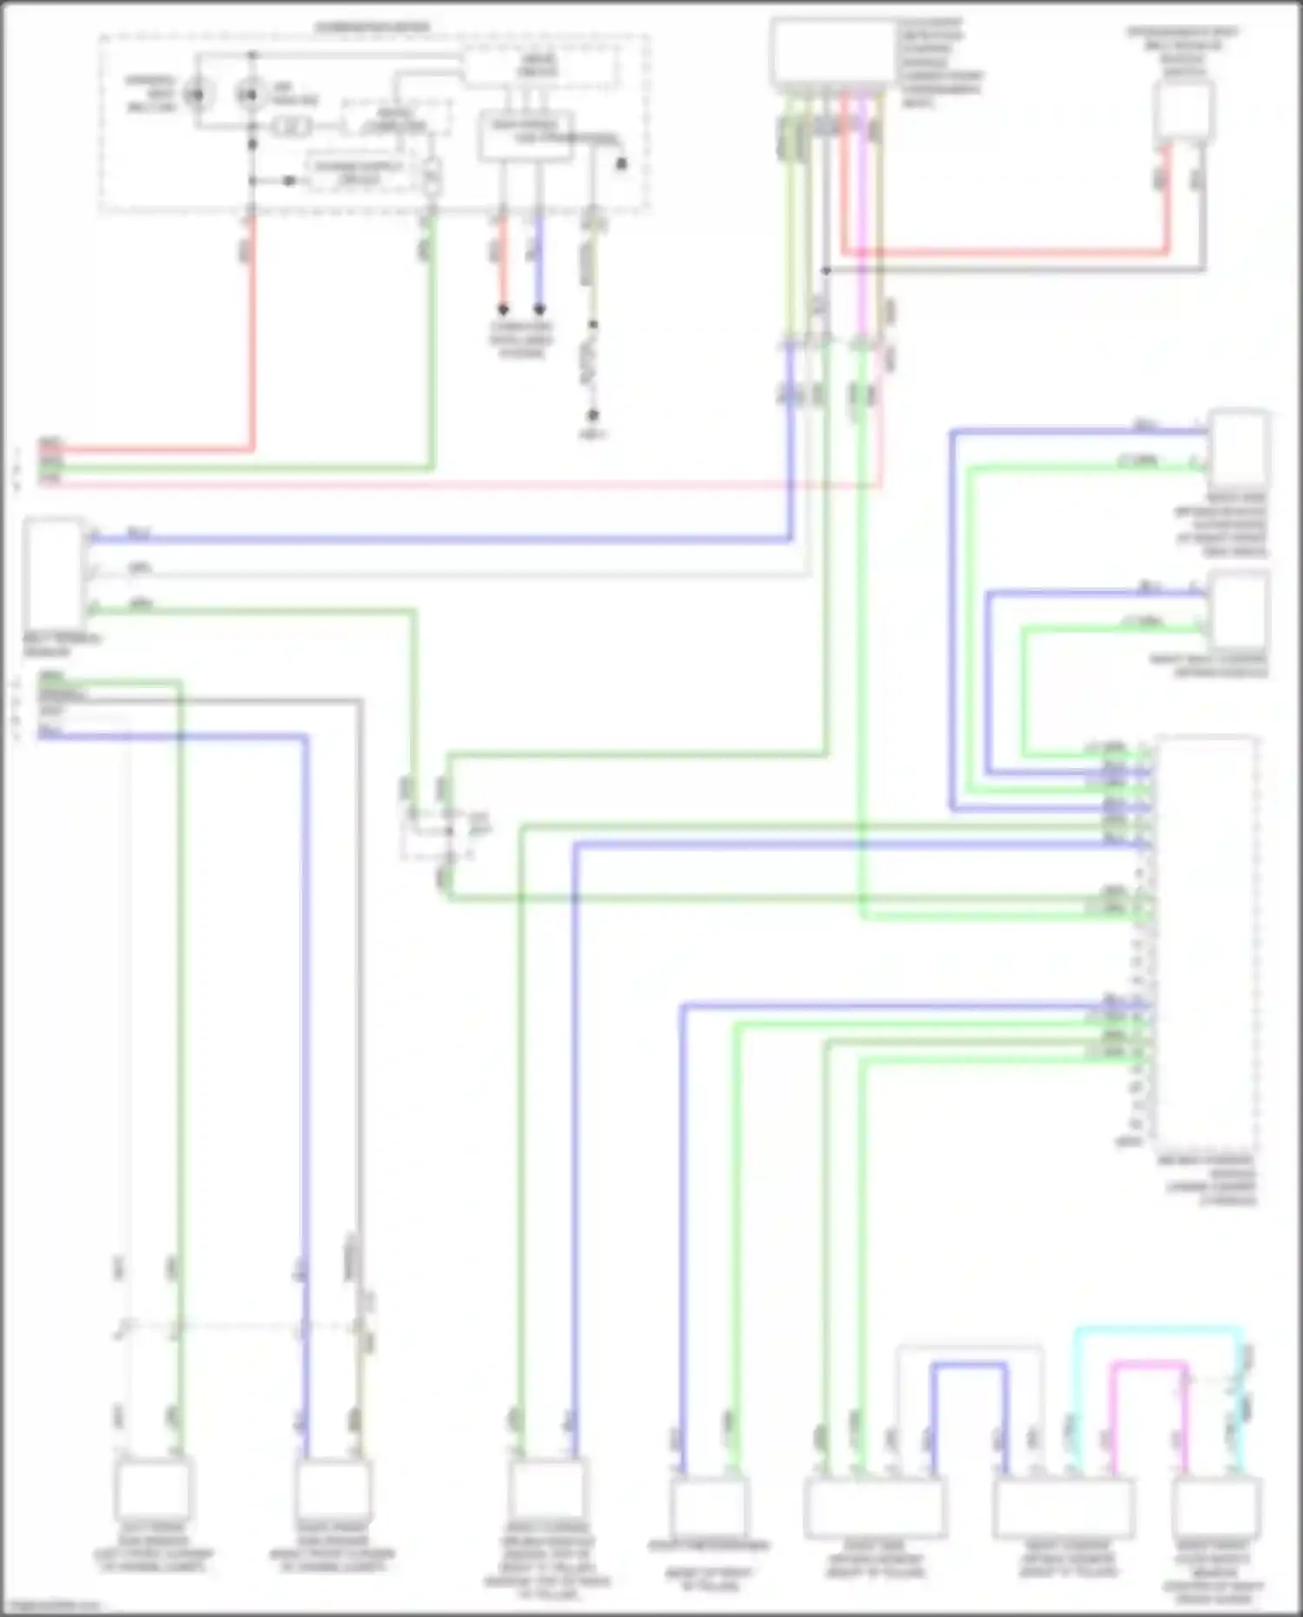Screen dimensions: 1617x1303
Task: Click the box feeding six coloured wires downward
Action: coord(832,53)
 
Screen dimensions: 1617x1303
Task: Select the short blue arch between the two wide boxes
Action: coord(969,1367)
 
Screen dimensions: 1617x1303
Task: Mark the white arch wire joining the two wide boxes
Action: coord(969,1348)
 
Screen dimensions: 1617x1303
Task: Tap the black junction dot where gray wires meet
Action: coord(826,271)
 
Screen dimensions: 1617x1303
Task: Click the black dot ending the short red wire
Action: coord(502,309)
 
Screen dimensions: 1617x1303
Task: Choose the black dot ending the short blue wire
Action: coord(539,309)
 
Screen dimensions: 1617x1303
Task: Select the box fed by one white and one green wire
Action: coord(153,1489)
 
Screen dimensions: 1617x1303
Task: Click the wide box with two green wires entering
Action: coord(874,1508)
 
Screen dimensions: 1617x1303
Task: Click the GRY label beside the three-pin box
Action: coord(139,568)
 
